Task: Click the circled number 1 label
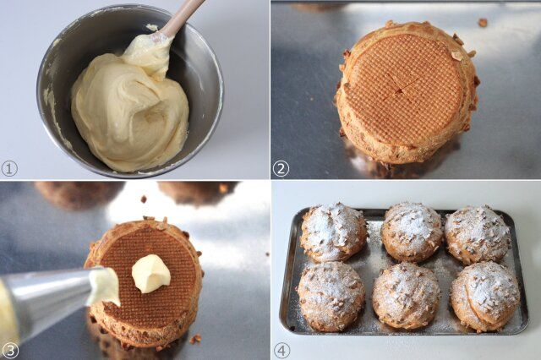(x=9, y=169)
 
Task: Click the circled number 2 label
(x=281, y=169)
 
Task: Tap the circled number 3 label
(x=9, y=351)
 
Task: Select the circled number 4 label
(x=281, y=351)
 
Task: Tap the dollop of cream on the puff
(x=151, y=274)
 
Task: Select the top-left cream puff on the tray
(x=333, y=232)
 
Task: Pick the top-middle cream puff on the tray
(x=412, y=232)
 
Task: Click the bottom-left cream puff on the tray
(x=331, y=296)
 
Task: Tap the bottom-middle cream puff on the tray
(x=407, y=296)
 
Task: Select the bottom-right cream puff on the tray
(x=485, y=297)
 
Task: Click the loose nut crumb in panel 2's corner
(x=483, y=23)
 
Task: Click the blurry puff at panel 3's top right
(x=197, y=193)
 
